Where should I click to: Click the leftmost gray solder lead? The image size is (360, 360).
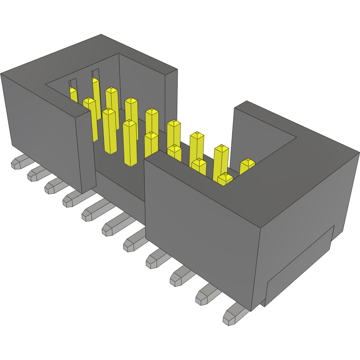pyautogui.click(x=18, y=163)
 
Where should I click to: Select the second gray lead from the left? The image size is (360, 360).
pyautogui.click(x=35, y=174)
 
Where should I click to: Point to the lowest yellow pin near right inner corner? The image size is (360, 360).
pyautogui.click(x=225, y=179)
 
